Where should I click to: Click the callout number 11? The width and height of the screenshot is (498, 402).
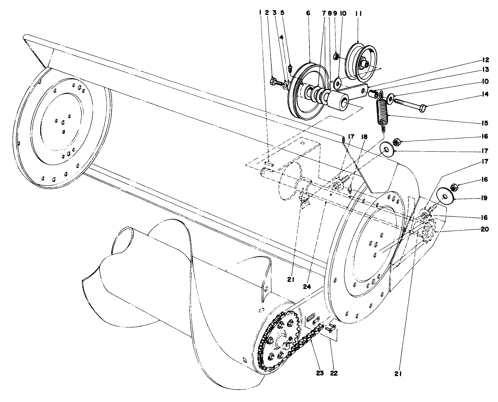click(358, 14)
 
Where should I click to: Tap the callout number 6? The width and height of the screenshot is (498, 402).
click(308, 14)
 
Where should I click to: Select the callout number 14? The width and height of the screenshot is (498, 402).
click(485, 94)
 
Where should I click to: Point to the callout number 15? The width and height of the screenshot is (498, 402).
click(485, 123)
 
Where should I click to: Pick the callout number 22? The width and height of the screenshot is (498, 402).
click(334, 373)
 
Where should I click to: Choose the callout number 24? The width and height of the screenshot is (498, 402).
click(307, 287)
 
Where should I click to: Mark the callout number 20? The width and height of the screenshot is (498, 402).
click(484, 229)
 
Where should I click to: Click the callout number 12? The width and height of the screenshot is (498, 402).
click(486, 60)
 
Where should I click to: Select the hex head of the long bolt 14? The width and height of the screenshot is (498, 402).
click(422, 108)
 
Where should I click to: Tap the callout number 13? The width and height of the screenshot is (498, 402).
click(486, 69)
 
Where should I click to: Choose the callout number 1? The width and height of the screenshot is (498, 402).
click(260, 13)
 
